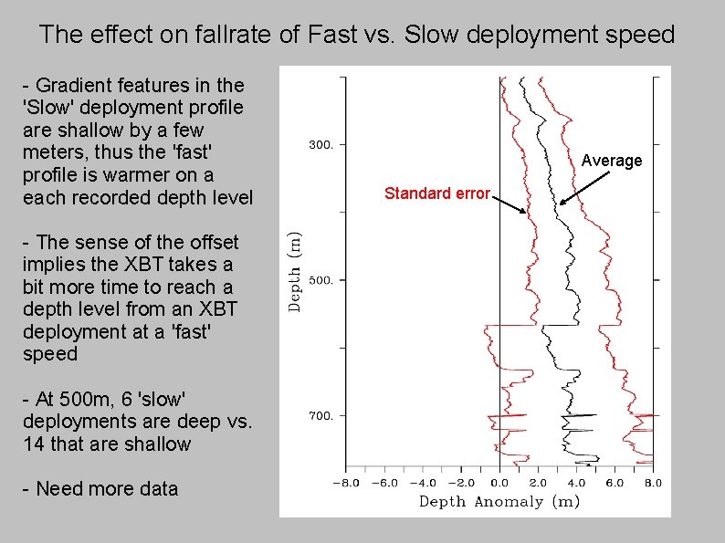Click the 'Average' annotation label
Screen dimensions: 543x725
[x=612, y=161]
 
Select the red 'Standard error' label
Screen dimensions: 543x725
[x=437, y=193]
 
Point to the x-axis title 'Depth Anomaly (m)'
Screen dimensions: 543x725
[x=499, y=501]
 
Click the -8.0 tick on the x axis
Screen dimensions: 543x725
[x=345, y=483]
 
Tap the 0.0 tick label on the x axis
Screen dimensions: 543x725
[x=499, y=483]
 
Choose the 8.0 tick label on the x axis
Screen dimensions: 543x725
[x=653, y=483]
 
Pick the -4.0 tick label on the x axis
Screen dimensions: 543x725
[x=423, y=483]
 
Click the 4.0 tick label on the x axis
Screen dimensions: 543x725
[x=576, y=483]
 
